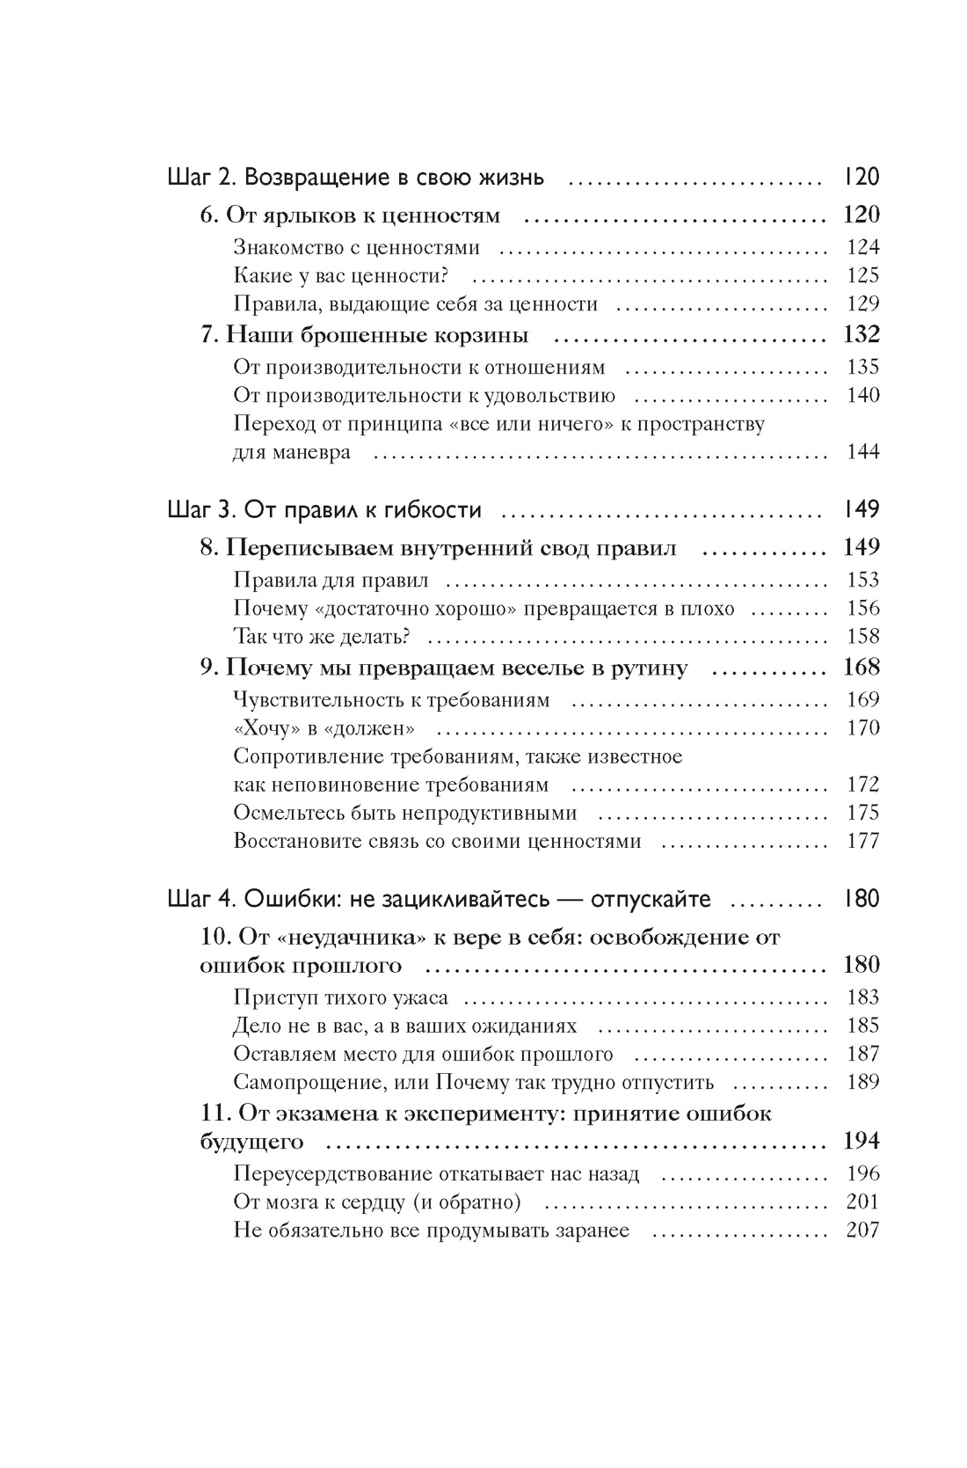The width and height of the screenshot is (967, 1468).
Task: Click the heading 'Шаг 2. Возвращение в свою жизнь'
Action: [x=355, y=179]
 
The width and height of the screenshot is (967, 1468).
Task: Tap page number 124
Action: [x=862, y=248]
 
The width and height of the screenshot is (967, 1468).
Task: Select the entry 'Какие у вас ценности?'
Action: [x=342, y=276]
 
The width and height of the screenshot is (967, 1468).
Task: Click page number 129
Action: [x=862, y=304]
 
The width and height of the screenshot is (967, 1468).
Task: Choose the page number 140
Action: [x=862, y=396]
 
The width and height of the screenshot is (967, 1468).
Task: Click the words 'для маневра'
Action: [x=292, y=453]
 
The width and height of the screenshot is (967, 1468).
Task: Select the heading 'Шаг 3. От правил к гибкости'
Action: [x=324, y=510]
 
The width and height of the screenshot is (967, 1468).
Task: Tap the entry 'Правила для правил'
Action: [x=331, y=581]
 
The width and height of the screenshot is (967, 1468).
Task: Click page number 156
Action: [x=862, y=609]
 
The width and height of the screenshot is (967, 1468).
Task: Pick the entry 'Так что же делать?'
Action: [x=323, y=637]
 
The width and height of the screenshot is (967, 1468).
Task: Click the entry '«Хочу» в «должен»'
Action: [x=324, y=728]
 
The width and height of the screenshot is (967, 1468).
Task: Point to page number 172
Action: [x=862, y=785]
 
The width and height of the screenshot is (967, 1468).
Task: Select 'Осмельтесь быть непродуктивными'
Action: [x=405, y=813]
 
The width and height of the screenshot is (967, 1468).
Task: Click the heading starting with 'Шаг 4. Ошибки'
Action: [x=439, y=900]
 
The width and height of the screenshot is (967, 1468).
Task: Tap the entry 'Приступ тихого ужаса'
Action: [x=341, y=997]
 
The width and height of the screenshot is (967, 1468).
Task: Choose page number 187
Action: [x=862, y=1054]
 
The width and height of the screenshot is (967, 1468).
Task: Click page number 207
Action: [x=862, y=1231]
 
